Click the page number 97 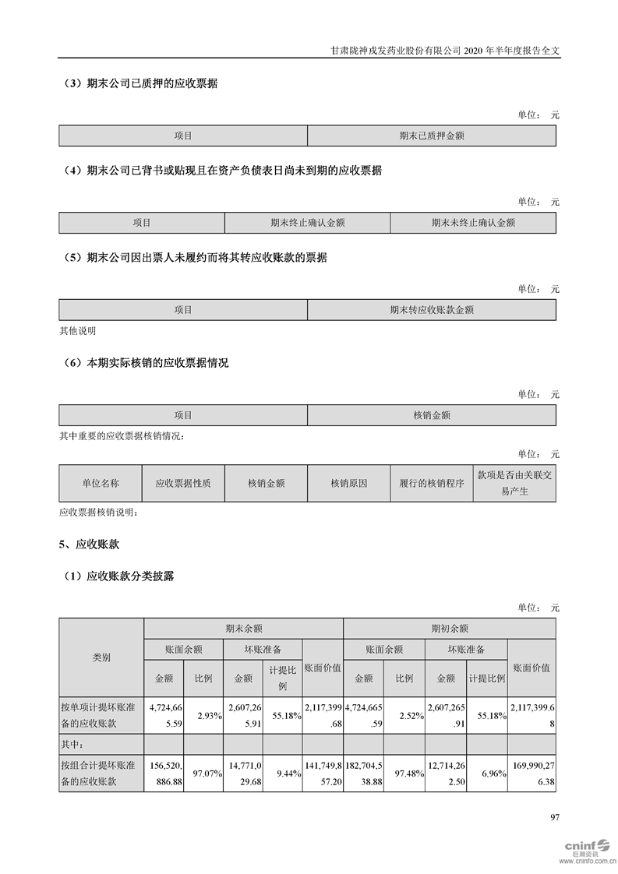(555, 817)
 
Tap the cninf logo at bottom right (583, 847)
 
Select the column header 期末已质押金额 (431, 136)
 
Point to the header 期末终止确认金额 (307, 223)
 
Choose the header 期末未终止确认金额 (473, 223)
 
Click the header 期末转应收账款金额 (431, 310)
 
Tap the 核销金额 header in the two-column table (431, 416)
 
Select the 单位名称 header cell (101, 483)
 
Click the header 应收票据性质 (183, 483)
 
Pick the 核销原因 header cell (348, 483)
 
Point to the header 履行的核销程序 (431, 483)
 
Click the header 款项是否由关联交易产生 (514, 483)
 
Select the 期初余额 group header (449, 628)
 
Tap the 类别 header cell (101, 657)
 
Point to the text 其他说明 (77, 330)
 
